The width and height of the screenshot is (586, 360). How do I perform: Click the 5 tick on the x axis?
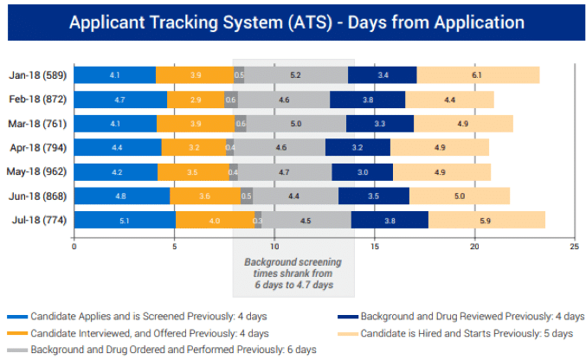click(x=174, y=247)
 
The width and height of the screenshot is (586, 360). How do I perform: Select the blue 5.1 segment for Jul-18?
click(x=125, y=221)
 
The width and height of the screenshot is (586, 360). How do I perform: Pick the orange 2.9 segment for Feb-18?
click(x=196, y=100)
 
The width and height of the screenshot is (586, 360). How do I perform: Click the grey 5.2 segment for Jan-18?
click(x=295, y=75)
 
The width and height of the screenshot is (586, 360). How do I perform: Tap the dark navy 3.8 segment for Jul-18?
click(x=390, y=221)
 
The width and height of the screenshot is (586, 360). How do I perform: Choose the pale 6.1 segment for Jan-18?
click(x=478, y=75)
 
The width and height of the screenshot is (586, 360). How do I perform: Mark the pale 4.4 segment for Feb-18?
click(x=449, y=100)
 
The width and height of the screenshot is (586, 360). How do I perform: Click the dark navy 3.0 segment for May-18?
click(x=362, y=172)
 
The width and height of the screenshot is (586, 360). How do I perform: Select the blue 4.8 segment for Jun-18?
click(x=121, y=196)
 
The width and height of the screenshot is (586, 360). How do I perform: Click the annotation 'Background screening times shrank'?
click(x=293, y=273)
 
